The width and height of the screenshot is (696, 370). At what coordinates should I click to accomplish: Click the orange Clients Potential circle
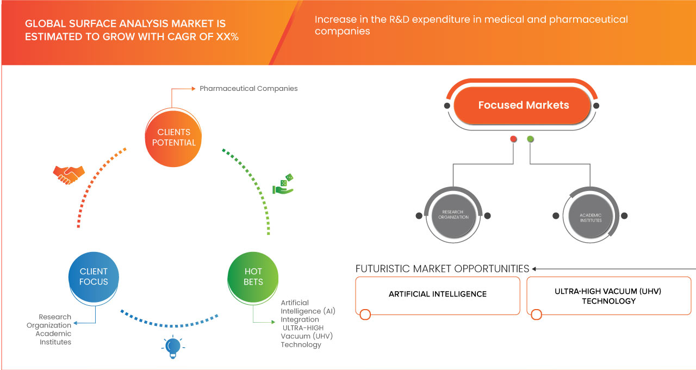coord(173,137)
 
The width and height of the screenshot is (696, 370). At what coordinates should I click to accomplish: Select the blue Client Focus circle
coord(94,276)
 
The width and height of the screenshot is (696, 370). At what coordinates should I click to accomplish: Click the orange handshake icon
coord(69,174)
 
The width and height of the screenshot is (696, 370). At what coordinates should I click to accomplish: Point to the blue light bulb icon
coord(172,347)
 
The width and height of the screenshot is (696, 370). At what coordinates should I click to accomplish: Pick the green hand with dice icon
coord(283,184)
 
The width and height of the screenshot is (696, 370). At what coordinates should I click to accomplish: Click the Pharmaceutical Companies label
coord(248,88)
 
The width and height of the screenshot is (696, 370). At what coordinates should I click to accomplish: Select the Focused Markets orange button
coord(523,106)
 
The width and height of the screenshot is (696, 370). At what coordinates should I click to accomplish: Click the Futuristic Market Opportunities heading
coord(442,269)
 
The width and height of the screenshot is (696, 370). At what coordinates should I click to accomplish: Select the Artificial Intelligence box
coord(437,294)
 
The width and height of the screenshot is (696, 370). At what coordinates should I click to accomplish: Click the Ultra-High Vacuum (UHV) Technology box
coord(608,296)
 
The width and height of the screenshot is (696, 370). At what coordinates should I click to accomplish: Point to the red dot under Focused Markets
coord(513,139)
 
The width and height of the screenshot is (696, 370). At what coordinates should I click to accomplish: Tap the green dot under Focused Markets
coord(530,139)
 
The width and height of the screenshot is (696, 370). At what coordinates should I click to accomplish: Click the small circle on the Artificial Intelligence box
coord(365,314)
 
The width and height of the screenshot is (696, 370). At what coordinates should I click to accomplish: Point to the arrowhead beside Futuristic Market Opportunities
coord(535,269)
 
